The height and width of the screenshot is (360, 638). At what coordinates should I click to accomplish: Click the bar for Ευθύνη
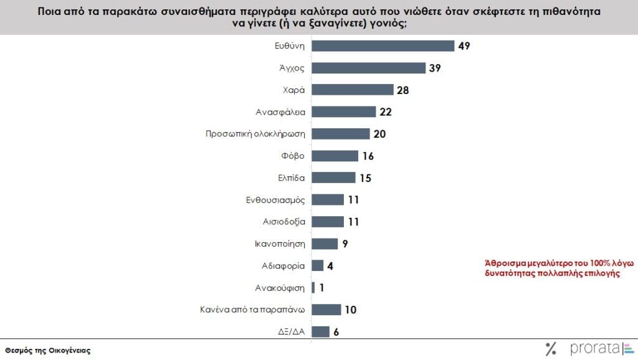[383, 45]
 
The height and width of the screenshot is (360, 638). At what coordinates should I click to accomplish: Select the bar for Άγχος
[368, 68]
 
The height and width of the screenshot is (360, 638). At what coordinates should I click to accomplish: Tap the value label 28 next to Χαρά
[403, 90]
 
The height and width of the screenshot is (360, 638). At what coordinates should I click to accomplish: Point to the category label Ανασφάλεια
[280, 111]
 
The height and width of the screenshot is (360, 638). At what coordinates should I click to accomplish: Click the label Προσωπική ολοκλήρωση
[255, 133]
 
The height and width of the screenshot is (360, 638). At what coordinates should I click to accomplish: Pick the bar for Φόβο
[335, 156]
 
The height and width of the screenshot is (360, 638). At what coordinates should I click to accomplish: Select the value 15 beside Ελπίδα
[365, 178]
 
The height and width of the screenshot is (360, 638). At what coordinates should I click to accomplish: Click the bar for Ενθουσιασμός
[327, 200]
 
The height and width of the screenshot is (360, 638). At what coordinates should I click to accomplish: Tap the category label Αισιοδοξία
[283, 222]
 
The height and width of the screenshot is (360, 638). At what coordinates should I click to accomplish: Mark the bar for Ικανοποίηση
[324, 244]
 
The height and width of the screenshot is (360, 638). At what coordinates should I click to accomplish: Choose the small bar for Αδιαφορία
[317, 265]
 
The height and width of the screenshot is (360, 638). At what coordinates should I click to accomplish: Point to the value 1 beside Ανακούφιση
[322, 288]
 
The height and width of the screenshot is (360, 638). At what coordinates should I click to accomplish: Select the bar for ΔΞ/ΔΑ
[320, 332]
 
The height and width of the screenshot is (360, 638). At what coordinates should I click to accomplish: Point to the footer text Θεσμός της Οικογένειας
[47, 350]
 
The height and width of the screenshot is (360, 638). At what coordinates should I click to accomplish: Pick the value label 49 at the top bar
[464, 45]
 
